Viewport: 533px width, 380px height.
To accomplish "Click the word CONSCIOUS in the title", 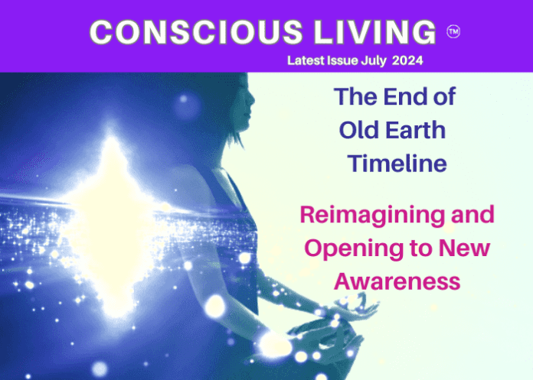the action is pyautogui.click(x=196, y=32).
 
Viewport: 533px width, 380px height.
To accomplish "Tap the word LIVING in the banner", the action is pyautogui.click(x=374, y=32).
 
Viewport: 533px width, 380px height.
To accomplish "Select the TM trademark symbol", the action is pyautogui.click(x=453, y=32).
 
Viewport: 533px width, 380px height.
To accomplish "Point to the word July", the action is pyautogui.click(x=374, y=61).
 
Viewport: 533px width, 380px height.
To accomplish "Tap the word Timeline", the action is pyautogui.click(x=397, y=163).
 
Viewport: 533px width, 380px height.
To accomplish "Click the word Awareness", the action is pyautogui.click(x=397, y=281).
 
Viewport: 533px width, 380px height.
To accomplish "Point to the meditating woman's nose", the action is pyautogui.click(x=252, y=99).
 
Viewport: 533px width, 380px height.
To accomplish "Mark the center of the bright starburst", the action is pyautogui.click(x=110, y=217).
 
